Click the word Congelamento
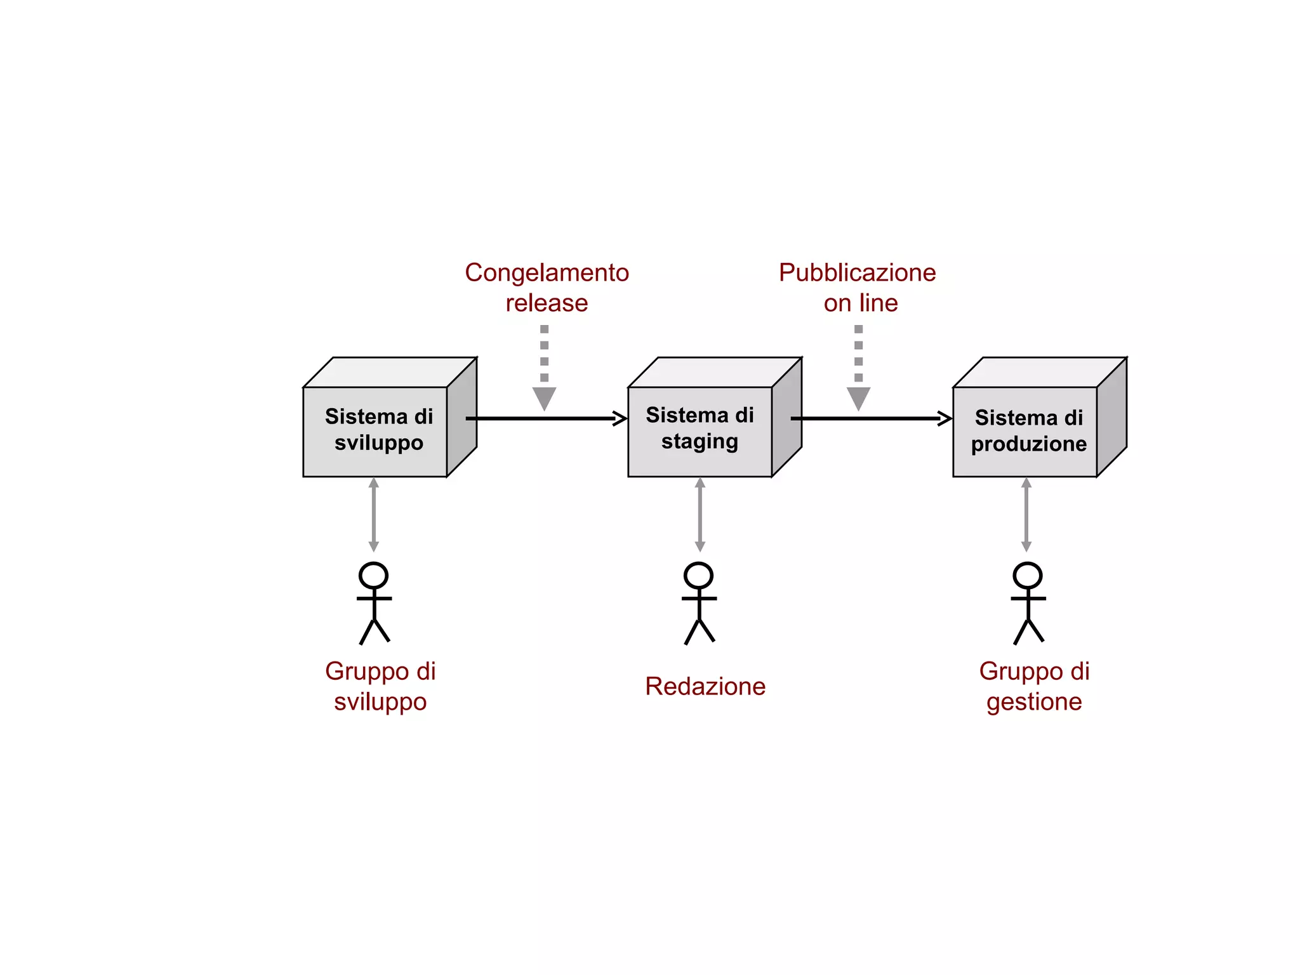pos(547,273)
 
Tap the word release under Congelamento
pos(547,303)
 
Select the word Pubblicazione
pos(857,273)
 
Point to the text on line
pos(861,303)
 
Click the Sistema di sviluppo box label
pos(378,429)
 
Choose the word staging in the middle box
pos(700,442)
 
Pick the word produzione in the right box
pos(1028,444)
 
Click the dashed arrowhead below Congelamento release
pos(544,398)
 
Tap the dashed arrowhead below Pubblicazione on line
pos(858,398)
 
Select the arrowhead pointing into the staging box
pos(620,418)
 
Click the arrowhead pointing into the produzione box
pos(945,418)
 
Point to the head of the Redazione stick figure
pos(698,575)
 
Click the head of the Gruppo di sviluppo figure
pos(373,575)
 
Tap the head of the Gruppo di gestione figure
pos(1027,575)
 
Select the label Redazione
pos(705,687)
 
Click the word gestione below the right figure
pos(1034,702)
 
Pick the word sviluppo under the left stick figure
pos(380,702)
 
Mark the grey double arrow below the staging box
pos(700,514)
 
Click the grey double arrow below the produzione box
pos(1026,514)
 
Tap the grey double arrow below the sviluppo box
pos(374,514)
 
